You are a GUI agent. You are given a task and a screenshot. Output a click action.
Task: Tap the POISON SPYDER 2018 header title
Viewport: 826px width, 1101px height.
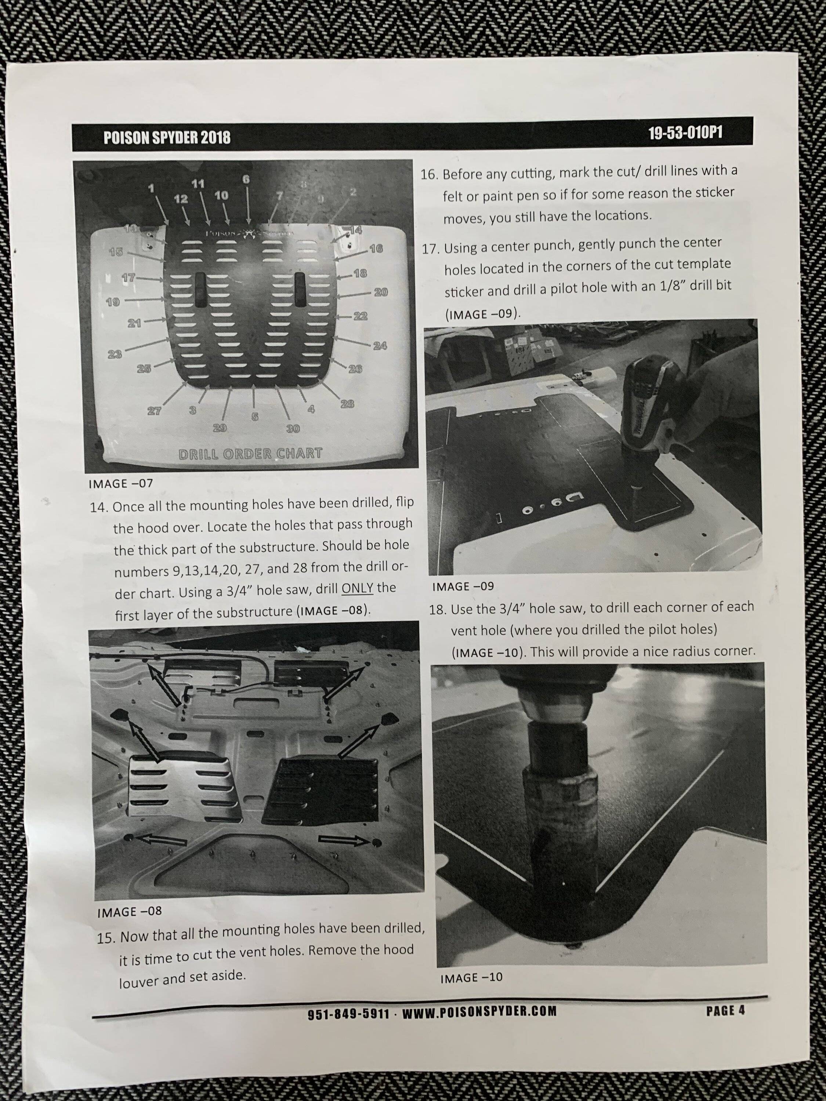pyautogui.click(x=167, y=137)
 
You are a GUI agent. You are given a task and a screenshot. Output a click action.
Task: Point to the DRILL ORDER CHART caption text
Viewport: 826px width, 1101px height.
pyautogui.click(x=250, y=454)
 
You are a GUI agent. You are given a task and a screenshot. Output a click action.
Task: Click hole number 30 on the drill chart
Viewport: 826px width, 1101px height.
pyautogui.click(x=292, y=429)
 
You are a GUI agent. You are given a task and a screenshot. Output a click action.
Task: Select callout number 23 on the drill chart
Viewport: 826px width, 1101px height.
pyautogui.click(x=115, y=355)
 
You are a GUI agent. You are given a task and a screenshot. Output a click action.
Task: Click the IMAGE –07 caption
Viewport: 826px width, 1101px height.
pyautogui.click(x=120, y=483)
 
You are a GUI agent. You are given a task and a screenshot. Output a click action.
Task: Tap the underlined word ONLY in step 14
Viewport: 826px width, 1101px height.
pyautogui.click(x=358, y=588)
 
